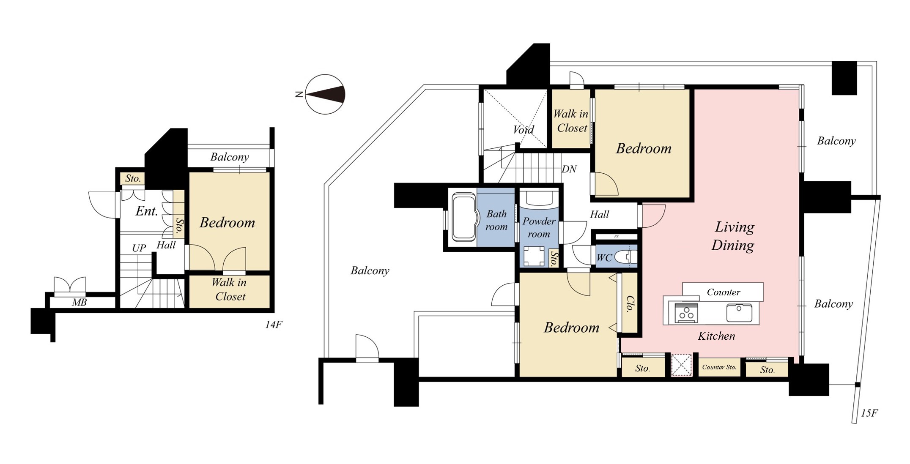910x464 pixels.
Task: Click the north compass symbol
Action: [x=325, y=94]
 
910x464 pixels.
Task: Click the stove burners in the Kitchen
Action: [x=686, y=313]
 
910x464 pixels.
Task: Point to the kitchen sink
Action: [x=740, y=313]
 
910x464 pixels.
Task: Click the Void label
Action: [x=523, y=129]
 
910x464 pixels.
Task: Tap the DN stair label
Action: [x=569, y=169]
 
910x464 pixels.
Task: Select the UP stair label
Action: [x=139, y=248]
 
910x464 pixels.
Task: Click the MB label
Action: [x=79, y=302]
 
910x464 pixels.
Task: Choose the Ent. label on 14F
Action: [x=147, y=211]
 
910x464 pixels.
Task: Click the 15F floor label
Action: [x=869, y=413]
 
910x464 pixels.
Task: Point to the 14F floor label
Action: [x=274, y=325]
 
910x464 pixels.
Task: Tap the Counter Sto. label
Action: [x=719, y=367]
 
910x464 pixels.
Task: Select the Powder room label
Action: [x=539, y=227]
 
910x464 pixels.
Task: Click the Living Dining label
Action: [x=733, y=236]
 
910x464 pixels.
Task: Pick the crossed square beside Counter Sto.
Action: [x=681, y=365]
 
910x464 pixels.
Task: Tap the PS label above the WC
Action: [x=616, y=237]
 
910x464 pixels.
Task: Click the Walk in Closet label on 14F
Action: [x=230, y=289]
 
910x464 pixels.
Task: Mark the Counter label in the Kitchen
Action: [x=724, y=292]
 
